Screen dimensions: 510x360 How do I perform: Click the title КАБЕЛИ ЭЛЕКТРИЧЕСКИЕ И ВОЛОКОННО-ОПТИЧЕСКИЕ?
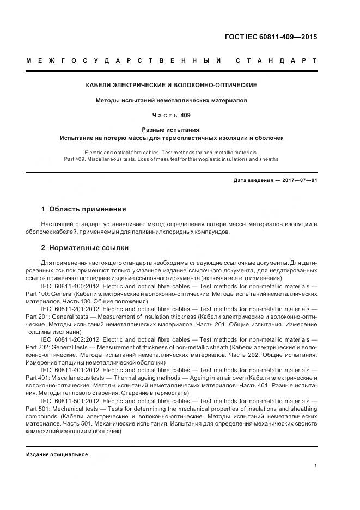[172, 86]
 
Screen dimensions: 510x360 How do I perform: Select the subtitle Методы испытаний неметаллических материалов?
[172, 100]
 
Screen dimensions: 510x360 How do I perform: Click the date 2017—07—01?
[298, 180]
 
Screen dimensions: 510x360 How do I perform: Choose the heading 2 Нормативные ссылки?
[85, 247]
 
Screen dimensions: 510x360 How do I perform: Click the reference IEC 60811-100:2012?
[68, 286]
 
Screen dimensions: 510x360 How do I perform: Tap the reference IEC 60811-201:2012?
[68, 308]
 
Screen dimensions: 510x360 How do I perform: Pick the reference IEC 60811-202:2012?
[68, 339]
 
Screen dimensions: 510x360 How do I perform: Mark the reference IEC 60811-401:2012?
[68, 369]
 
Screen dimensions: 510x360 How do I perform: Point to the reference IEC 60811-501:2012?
[68, 400]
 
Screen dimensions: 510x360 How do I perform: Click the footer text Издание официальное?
[57, 454]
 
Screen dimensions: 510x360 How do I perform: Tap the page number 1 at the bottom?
[315, 465]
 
